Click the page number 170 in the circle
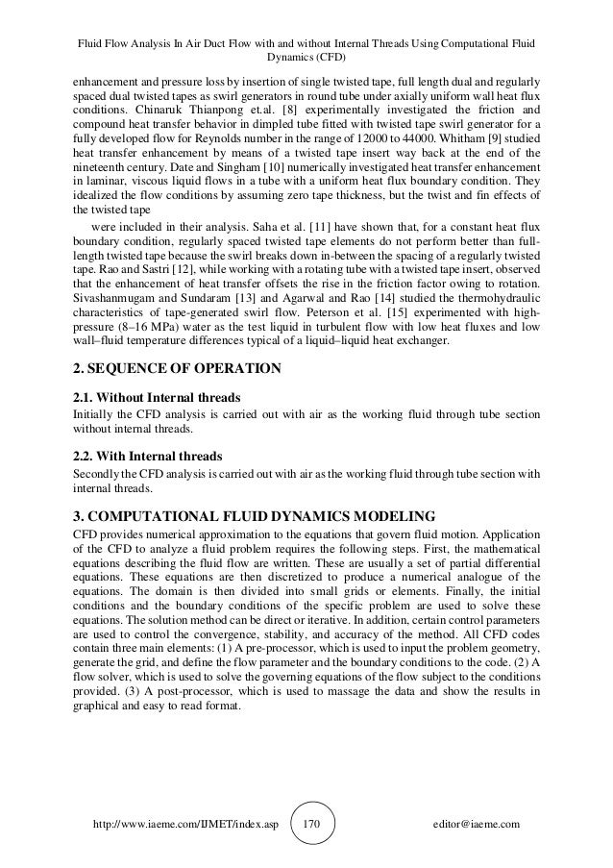tap(310, 824)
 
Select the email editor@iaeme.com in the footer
tap(474, 825)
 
